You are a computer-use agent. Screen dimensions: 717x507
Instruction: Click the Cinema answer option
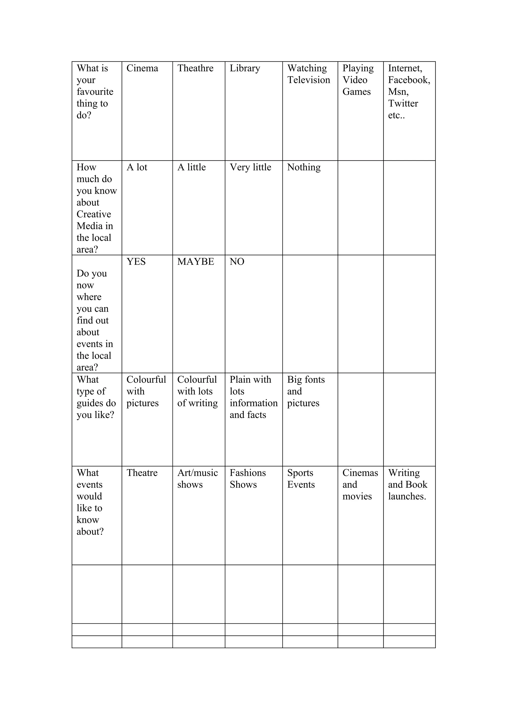tap(142, 68)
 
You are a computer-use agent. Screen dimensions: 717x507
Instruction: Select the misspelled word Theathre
tap(195, 68)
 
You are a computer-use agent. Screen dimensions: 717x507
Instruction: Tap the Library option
tap(245, 68)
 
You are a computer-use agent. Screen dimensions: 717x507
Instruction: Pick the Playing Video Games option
tap(358, 80)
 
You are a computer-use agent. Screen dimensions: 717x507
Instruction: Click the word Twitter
tap(403, 103)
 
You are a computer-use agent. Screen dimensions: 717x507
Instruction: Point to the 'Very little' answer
tap(250, 167)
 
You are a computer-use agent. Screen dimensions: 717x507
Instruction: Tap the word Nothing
tap(304, 167)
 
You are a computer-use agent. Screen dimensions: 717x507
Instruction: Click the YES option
tap(136, 262)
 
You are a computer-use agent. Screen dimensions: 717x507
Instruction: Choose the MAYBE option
tap(196, 262)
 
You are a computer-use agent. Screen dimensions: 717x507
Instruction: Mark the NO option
tap(237, 262)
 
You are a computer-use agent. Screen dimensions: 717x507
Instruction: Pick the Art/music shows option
tap(197, 478)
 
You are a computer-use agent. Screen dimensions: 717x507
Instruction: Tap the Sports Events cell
tap(301, 478)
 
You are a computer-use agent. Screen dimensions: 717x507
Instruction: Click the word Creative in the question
tap(94, 214)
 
